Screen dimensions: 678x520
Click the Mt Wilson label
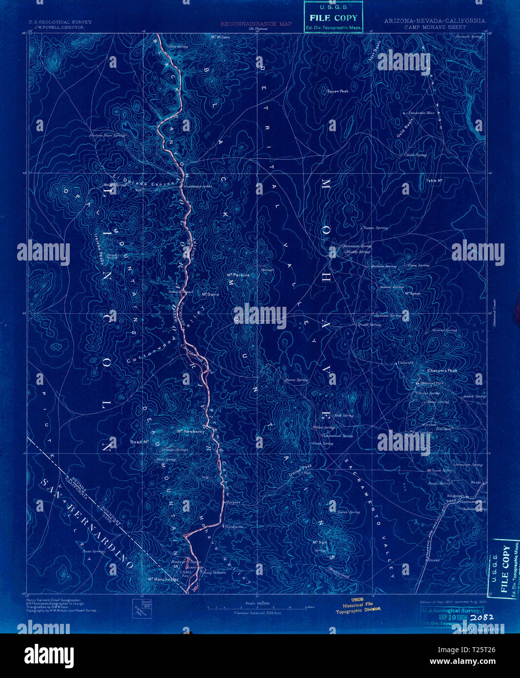pyautogui.click(x=220, y=37)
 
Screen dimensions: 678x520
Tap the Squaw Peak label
pyautogui.click(x=338, y=91)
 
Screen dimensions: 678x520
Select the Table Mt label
pyautogui.click(x=434, y=180)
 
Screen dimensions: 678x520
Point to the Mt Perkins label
pyautogui.click(x=238, y=275)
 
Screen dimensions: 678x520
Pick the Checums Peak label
pyautogui.click(x=442, y=371)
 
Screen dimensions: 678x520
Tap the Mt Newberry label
pyautogui.click(x=190, y=431)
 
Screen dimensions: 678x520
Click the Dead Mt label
pyautogui.click(x=140, y=442)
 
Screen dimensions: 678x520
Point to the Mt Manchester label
pyautogui.click(x=163, y=579)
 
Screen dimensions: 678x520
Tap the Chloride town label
pyautogui.click(x=406, y=363)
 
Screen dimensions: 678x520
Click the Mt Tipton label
pyautogui.click(x=413, y=294)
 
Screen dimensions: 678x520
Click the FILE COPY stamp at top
pyautogui.click(x=333, y=18)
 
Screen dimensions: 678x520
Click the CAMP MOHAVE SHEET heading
pyautogui.click(x=432, y=27)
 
